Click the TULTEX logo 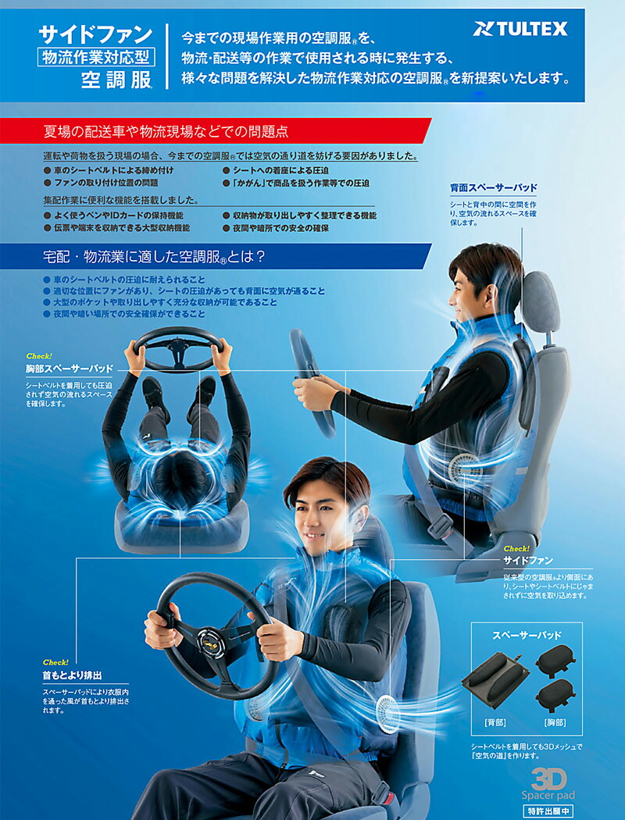(x=520, y=30)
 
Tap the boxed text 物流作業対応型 (x=95, y=56)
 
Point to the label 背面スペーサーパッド (x=493, y=188)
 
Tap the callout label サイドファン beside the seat (x=527, y=560)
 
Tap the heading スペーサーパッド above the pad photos (x=527, y=635)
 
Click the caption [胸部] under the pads (x=555, y=722)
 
